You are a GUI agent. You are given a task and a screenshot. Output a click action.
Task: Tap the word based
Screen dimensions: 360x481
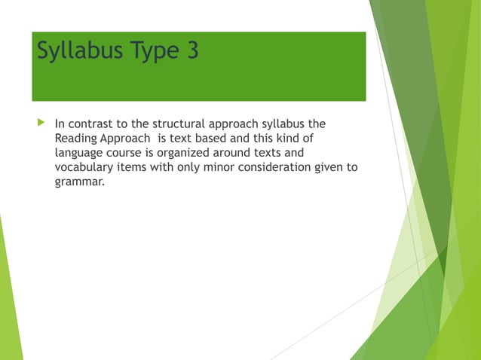(x=213, y=138)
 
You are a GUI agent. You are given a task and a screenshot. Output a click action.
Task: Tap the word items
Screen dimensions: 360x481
(x=136, y=166)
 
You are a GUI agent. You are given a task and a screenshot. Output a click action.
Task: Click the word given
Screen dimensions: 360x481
(x=327, y=166)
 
